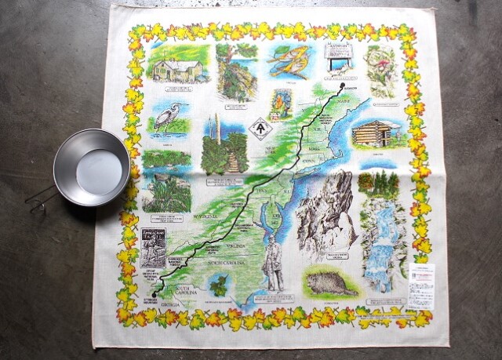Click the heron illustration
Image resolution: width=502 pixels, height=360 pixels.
point(167,118)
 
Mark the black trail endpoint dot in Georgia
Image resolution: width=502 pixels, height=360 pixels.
point(155,294)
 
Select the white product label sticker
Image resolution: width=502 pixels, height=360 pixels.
point(420,285)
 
